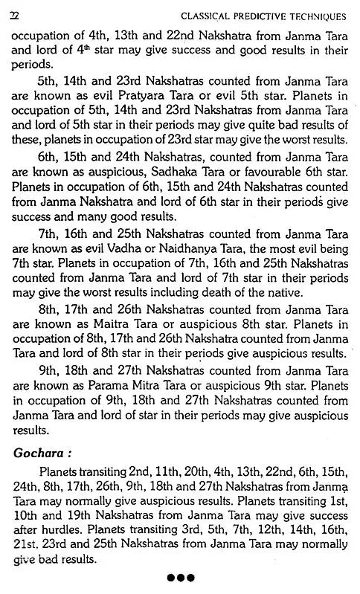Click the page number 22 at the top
coord(16,17)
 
